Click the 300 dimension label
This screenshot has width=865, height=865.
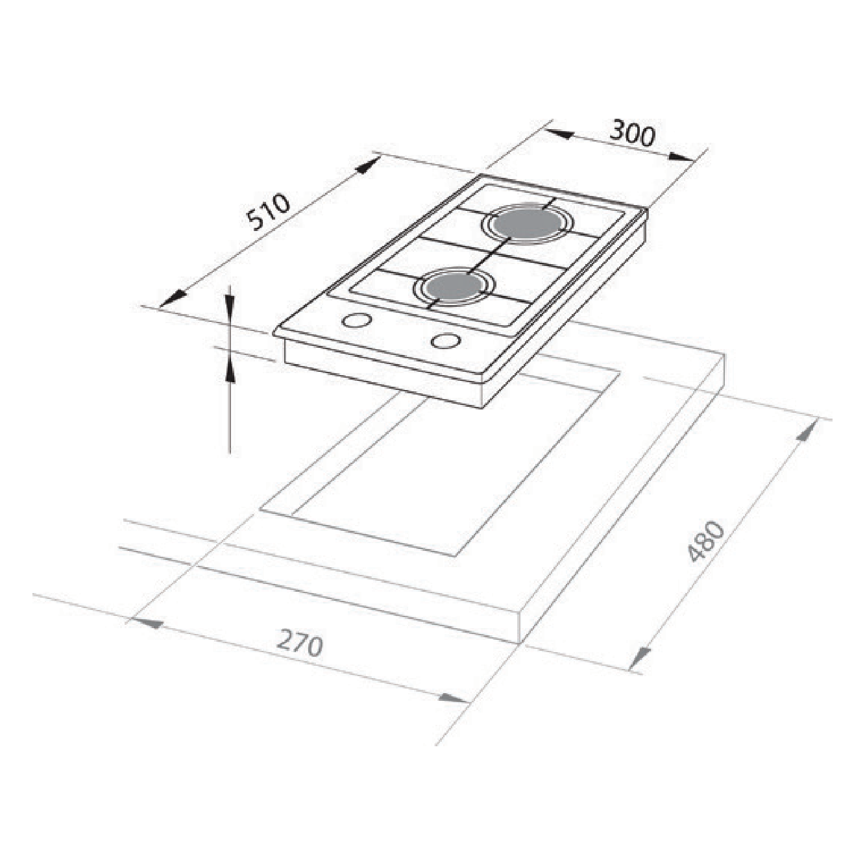(633, 134)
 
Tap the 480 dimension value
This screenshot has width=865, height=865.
(707, 541)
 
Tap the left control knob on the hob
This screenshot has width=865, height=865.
(357, 321)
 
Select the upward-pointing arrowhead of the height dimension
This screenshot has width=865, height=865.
(229, 370)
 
